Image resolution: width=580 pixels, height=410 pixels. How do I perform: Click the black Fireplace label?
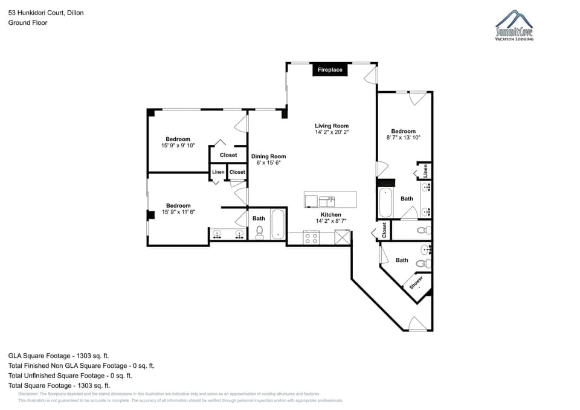[x=330, y=70]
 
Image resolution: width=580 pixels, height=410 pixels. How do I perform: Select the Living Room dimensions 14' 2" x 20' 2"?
[x=332, y=132]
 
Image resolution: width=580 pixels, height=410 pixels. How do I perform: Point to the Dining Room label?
[x=268, y=156]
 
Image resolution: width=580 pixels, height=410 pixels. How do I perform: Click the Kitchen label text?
[x=330, y=214]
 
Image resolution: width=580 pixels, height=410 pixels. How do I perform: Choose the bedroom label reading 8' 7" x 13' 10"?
[x=403, y=138]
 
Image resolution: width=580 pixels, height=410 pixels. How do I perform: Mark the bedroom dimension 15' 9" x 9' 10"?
[x=178, y=146]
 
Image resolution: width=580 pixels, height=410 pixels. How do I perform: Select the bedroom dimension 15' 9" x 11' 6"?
[x=178, y=212]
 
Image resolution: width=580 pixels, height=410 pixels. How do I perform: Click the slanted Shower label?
[x=416, y=282]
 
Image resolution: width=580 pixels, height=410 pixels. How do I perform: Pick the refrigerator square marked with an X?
[x=343, y=238]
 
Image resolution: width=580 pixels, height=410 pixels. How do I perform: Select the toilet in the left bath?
[x=260, y=232]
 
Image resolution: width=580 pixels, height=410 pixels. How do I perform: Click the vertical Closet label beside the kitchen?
[x=384, y=229]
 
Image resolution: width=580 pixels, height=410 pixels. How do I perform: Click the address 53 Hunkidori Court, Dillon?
[x=46, y=11]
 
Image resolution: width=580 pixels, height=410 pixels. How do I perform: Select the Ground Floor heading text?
[x=28, y=22]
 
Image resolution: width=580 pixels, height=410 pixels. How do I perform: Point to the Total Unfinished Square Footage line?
[x=69, y=375]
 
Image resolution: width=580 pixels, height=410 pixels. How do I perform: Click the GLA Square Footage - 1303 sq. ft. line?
[x=58, y=356]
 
